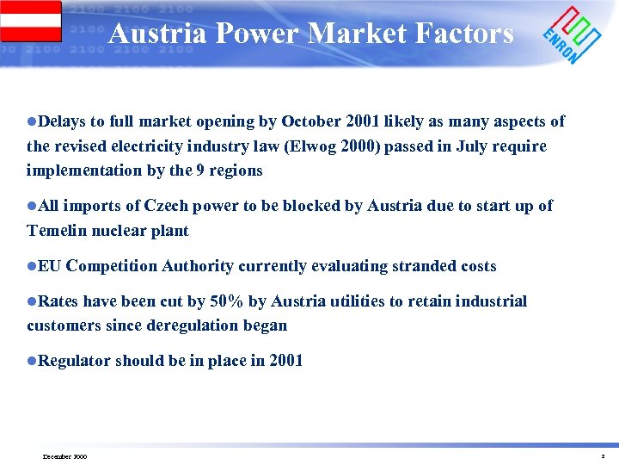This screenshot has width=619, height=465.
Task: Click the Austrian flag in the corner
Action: (31, 22)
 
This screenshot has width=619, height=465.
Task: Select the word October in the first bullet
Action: (310, 121)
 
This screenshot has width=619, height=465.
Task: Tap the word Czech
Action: (169, 206)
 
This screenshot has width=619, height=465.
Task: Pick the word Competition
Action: (110, 266)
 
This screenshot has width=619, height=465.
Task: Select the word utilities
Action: (342, 301)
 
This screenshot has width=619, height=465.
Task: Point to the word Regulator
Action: (75, 361)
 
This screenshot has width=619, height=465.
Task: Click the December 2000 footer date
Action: (64, 456)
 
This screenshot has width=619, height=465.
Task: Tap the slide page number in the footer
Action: (603, 456)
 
